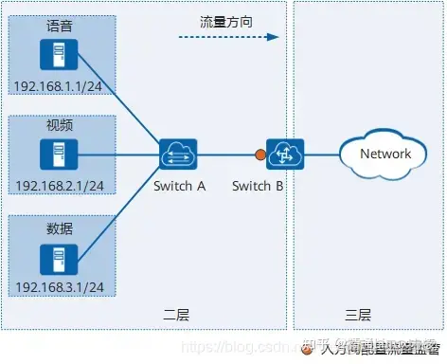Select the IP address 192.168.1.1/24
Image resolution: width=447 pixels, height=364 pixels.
point(59,86)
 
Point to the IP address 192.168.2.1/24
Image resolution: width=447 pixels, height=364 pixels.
point(59,186)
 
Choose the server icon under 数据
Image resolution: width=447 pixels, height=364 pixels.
point(59,256)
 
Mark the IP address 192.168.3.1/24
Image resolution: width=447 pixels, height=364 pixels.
point(59,287)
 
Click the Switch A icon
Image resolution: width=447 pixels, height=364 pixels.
point(177,153)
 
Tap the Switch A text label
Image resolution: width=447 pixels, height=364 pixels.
point(179,186)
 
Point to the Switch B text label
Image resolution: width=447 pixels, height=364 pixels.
point(258,186)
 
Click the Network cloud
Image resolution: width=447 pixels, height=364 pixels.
point(384,153)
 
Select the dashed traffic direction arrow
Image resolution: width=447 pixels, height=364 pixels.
point(227,38)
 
